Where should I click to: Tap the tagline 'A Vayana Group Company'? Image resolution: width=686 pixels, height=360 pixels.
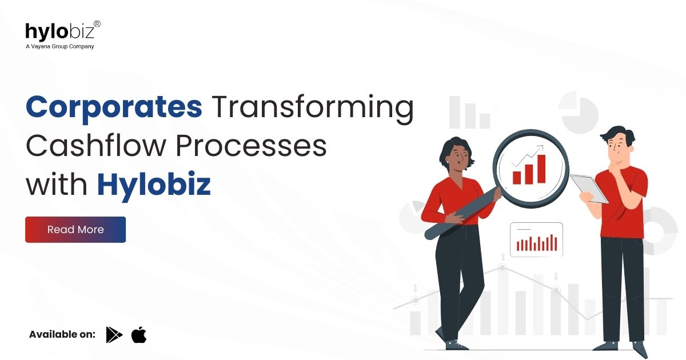(59, 46)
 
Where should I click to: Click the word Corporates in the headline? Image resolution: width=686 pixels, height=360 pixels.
(114, 107)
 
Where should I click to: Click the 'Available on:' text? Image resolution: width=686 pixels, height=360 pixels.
(62, 335)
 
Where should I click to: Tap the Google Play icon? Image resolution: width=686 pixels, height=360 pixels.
(114, 335)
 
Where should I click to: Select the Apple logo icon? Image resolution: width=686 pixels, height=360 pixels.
(139, 335)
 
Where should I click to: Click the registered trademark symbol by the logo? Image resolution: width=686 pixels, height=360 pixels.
(97, 24)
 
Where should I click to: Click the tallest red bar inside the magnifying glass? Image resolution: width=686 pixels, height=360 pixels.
(541, 168)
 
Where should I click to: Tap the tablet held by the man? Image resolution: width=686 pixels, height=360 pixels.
(589, 188)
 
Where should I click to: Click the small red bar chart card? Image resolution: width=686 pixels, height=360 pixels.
(536, 239)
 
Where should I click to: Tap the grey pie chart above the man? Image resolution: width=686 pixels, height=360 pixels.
(578, 111)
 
